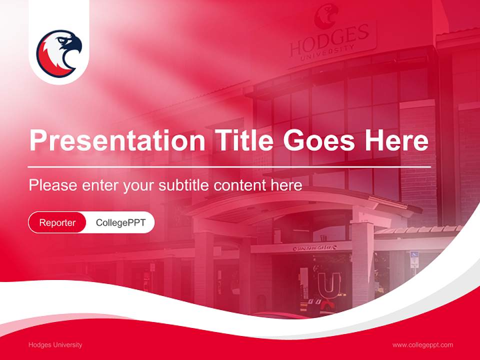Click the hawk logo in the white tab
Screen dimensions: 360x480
[59, 53]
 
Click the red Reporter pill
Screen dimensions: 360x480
[57, 222]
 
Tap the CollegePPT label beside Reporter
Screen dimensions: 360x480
[120, 222]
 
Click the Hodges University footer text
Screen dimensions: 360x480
[55, 345]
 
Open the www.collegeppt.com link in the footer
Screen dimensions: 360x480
[422, 345]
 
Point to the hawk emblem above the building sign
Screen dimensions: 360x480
[326, 15]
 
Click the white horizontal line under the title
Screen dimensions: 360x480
[229, 166]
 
